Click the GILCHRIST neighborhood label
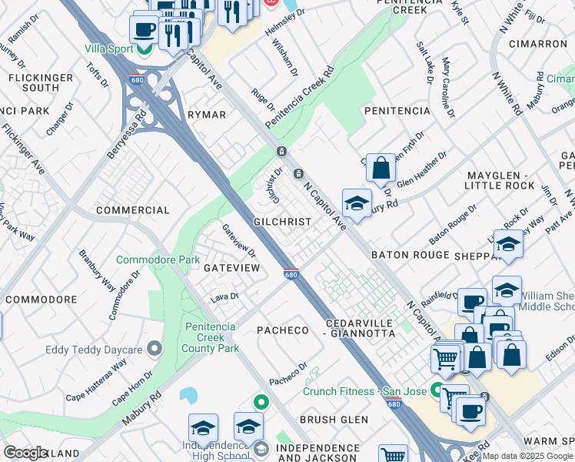click(x=282, y=222)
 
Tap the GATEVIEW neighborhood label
click(x=231, y=267)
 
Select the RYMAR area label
click(x=207, y=115)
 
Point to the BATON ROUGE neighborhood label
click(x=410, y=255)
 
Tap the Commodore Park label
click(x=158, y=260)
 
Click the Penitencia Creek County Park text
click(x=211, y=337)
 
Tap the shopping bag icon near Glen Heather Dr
click(x=381, y=167)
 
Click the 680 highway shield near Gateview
click(x=291, y=274)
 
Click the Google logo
click(x=25, y=452)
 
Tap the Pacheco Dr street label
click(x=287, y=374)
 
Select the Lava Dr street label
click(x=224, y=296)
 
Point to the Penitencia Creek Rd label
click(x=299, y=98)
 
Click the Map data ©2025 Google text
click(x=527, y=456)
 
